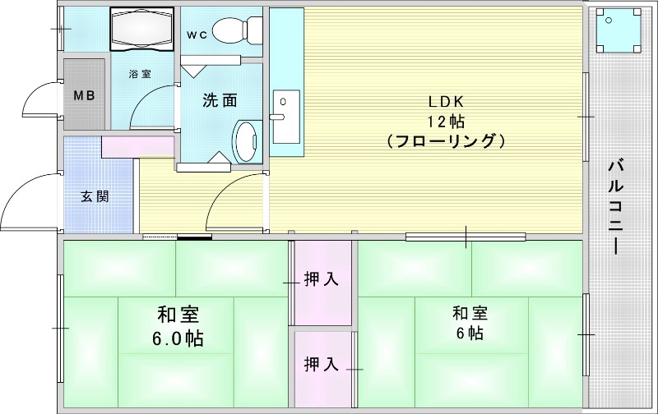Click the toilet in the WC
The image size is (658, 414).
coord(235,31)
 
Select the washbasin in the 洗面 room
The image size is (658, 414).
coord(245,141)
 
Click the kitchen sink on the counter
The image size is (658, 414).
coord(285,107)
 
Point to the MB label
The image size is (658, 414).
coord(85,94)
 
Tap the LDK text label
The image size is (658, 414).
coord(447,102)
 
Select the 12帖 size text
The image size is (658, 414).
coord(447,121)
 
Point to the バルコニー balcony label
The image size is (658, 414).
coord(615,205)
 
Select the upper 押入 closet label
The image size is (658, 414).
coord(321,279)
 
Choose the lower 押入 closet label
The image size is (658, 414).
coord(321,363)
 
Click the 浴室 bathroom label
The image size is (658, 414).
coord(139,74)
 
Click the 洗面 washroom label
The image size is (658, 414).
coord(220,100)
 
